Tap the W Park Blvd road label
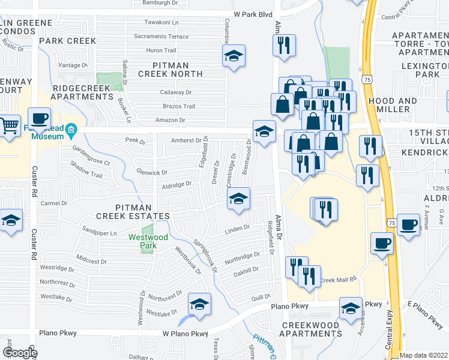(253, 14)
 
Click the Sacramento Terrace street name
(161, 37)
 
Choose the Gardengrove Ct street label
(91, 155)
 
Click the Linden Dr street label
(237, 228)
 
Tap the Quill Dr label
(261, 296)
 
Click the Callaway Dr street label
(176, 92)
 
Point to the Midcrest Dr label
(92, 262)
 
